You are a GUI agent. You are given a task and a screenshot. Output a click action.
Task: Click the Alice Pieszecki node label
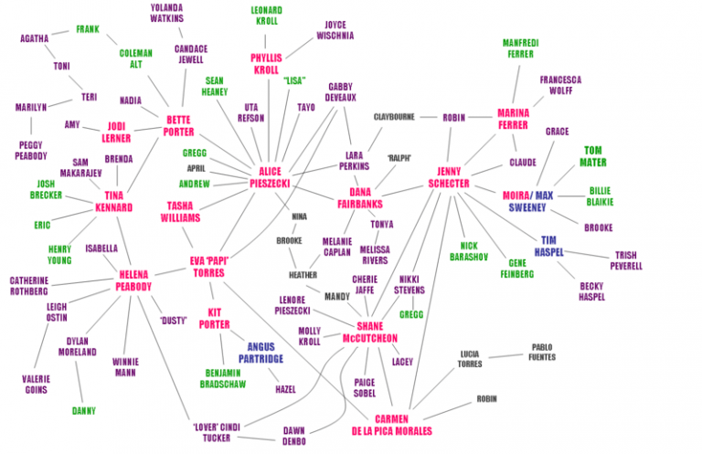(270, 177)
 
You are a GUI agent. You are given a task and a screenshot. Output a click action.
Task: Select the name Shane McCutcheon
(370, 333)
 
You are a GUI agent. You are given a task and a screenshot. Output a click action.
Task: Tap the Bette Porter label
(178, 126)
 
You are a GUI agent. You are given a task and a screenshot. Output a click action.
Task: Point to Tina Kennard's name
(113, 201)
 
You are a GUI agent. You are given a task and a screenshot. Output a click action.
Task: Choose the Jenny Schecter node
(449, 177)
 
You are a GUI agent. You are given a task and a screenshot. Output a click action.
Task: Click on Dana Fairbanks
(360, 198)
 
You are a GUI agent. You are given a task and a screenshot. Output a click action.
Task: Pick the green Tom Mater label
(592, 156)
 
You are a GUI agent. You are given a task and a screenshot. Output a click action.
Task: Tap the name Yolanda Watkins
(166, 13)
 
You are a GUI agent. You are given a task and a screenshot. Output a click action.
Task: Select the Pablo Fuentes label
(542, 352)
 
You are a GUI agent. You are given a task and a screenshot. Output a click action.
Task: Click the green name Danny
(84, 411)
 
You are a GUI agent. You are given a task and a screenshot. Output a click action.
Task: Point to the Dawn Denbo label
(294, 436)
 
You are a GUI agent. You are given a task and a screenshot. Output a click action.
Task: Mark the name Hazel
(285, 389)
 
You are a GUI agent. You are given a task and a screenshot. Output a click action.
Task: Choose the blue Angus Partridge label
(261, 353)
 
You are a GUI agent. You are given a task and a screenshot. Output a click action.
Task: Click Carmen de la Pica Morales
(392, 426)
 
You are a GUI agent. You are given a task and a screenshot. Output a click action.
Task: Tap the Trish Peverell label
(626, 260)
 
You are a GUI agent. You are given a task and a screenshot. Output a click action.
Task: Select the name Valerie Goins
(37, 385)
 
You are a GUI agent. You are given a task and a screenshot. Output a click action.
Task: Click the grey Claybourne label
(395, 117)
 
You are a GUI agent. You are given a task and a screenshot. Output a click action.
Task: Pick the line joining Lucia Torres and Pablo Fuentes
(505, 356)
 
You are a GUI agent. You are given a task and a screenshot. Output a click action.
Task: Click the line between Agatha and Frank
(59, 33)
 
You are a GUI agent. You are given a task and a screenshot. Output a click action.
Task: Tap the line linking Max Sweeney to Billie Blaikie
(570, 195)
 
